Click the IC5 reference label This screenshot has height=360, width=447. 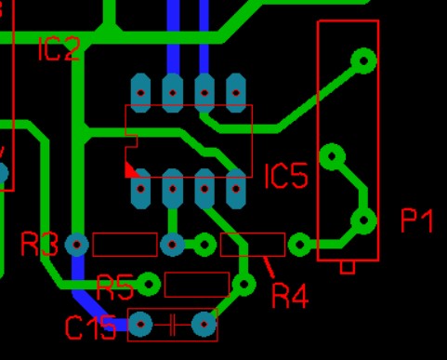pos(286,176)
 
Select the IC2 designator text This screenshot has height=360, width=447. pos(59,48)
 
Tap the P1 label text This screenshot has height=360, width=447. pos(417,220)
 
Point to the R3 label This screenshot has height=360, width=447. pos(39,245)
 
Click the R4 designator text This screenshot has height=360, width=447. pos(290,297)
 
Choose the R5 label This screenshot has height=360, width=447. pos(115,287)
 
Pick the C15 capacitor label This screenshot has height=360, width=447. pos(90,327)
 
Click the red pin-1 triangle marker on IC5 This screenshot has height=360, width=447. pos(131,170)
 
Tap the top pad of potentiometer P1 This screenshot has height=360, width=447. pos(364,60)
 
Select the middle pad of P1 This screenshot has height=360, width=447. pos(333,156)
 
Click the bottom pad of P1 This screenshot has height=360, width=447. pos(364,220)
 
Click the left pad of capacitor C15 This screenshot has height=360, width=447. pos(140,325)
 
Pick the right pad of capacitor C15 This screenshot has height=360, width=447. pos(204,325)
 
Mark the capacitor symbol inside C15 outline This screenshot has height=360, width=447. pos(173,325)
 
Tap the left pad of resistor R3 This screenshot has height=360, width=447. pos(77,245)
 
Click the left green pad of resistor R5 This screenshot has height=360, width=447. pos(149,284)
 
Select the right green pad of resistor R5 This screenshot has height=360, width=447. pos(243,284)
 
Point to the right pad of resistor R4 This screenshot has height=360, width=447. pos(299,245)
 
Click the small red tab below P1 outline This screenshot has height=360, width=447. pos(348,268)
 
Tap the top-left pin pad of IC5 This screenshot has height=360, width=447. pos(141,93)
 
